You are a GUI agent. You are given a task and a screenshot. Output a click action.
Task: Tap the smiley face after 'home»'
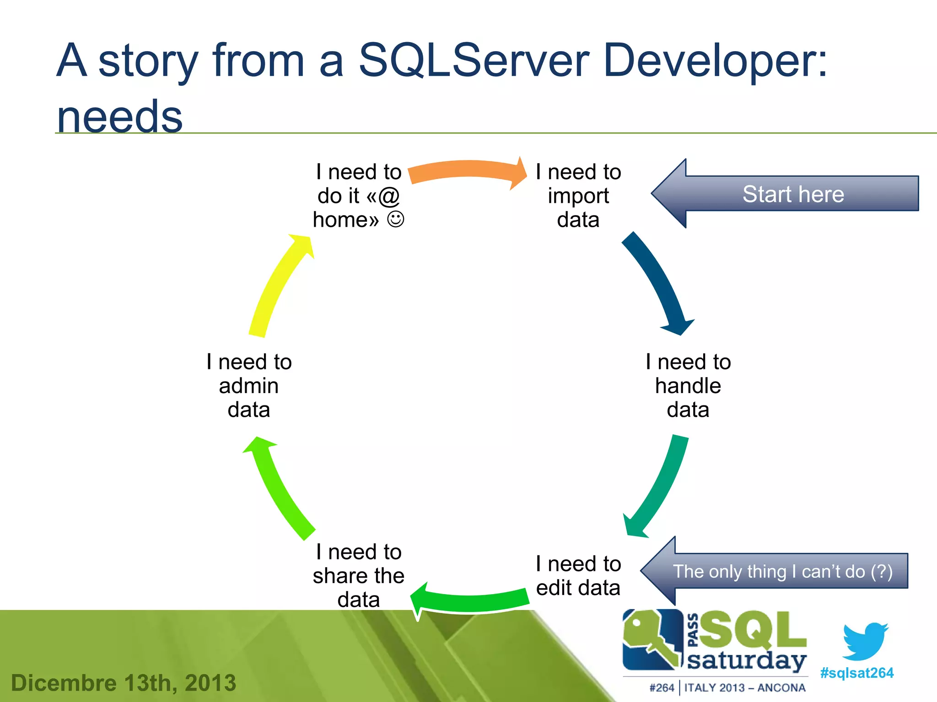[x=395, y=219]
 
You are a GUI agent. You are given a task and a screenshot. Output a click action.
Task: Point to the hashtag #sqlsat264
[x=856, y=673]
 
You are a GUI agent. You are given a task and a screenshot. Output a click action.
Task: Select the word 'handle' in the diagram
[x=688, y=386]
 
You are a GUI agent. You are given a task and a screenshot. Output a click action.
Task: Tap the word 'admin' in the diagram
[x=248, y=386]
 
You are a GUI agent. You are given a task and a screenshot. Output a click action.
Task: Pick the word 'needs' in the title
[x=119, y=117]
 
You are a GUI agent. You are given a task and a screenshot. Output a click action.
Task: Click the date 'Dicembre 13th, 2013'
[x=124, y=683]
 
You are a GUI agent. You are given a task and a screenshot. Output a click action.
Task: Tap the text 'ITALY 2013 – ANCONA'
[x=745, y=688]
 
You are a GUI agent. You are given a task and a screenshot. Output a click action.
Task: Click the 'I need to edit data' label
[x=578, y=576]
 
